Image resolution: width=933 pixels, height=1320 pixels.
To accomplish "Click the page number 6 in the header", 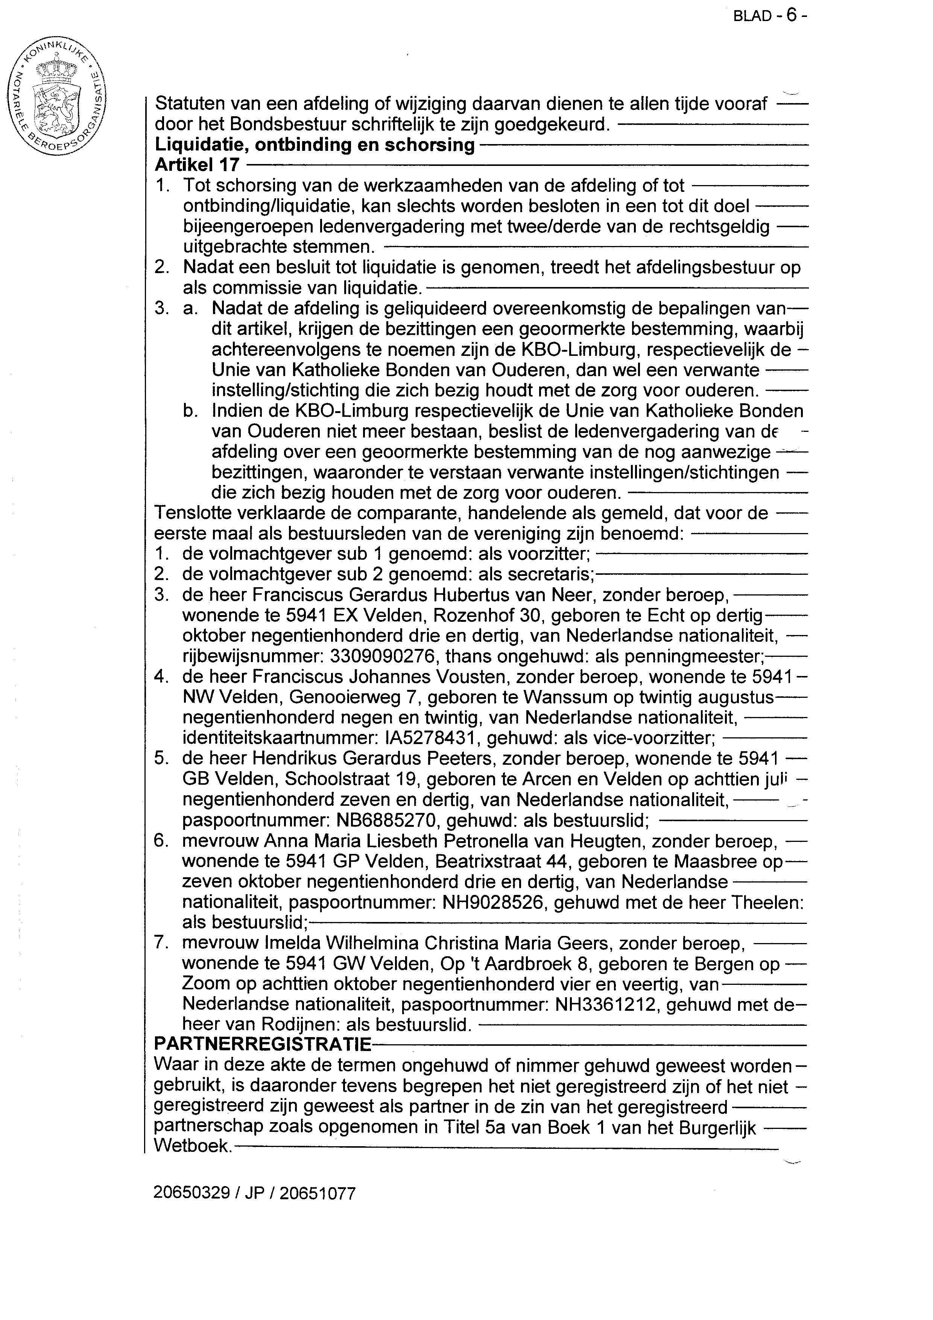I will (x=792, y=15).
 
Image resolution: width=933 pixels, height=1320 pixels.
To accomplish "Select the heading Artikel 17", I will (x=197, y=166).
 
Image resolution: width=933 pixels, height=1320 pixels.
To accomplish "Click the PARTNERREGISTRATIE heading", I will (x=263, y=1044).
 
